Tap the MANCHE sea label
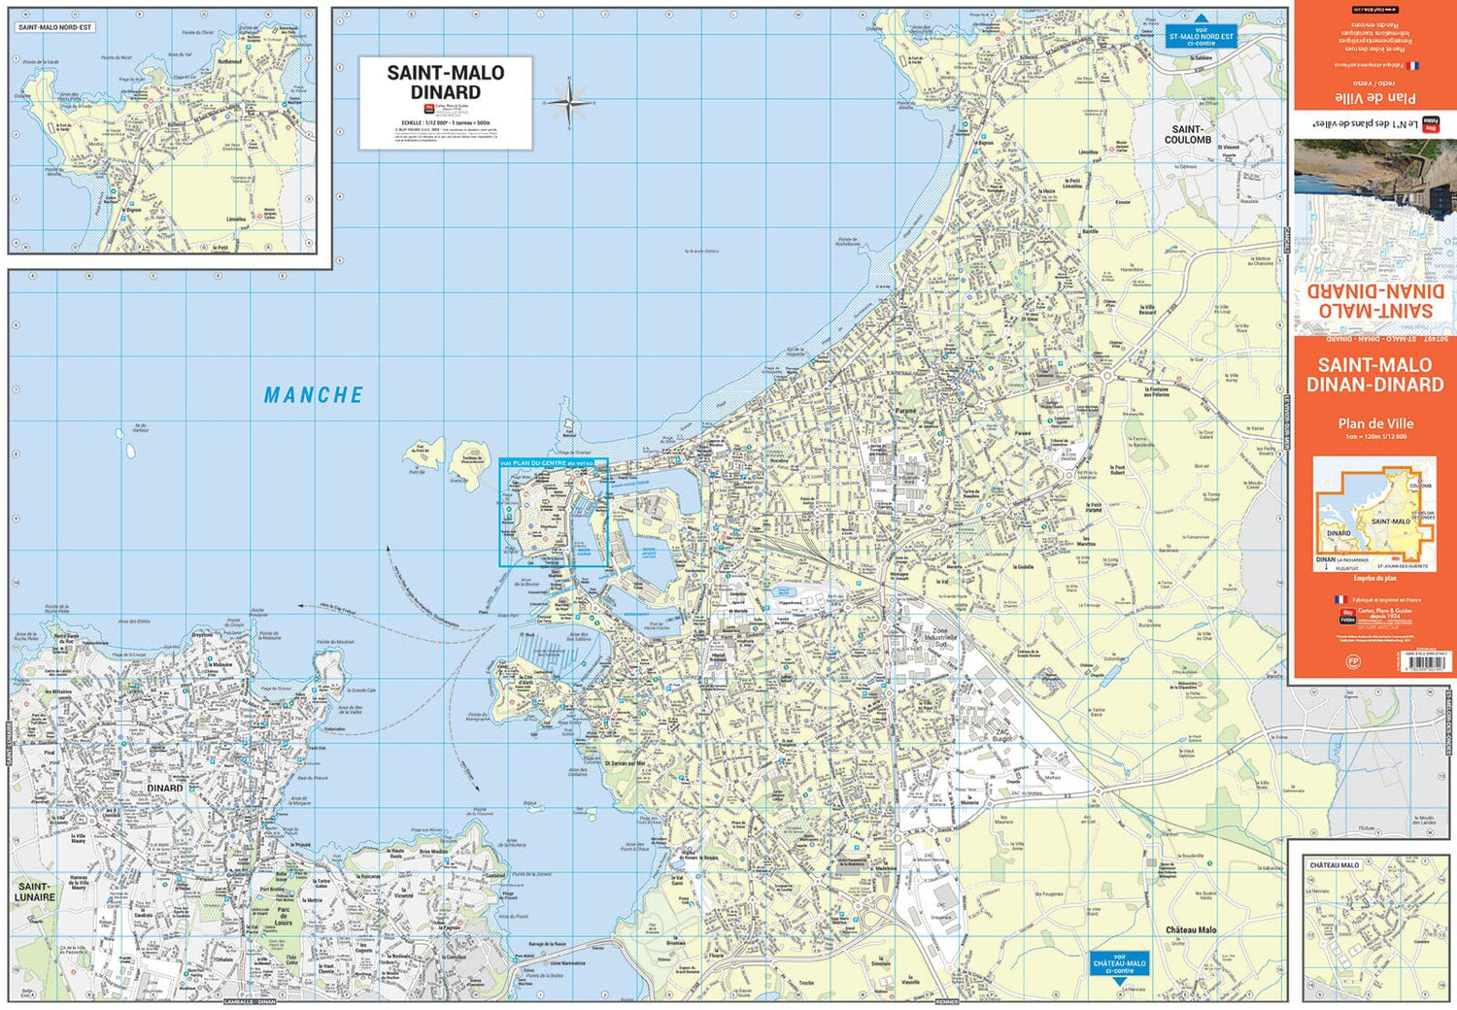(x=314, y=395)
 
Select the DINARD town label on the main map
(x=164, y=788)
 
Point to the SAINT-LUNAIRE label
(x=35, y=892)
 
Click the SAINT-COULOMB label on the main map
(x=1187, y=134)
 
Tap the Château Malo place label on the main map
(x=1191, y=929)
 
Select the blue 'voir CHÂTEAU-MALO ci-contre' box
(x=1119, y=963)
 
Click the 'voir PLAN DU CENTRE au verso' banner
(x=552, y=463)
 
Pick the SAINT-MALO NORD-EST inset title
(x=55, y=27)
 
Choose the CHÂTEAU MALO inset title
(x=1334, y=864)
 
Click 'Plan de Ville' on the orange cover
(x=1374, y=423)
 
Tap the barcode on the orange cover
(x=1426, y=663)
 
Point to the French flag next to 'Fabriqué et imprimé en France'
(x=1340, y=600)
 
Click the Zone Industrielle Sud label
(x=939, y=636)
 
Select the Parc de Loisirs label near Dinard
(x=284, y=916)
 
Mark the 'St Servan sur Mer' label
(x=626, y=763)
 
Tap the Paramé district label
(x=904, y=411)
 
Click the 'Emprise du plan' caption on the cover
(x=1373, y=578)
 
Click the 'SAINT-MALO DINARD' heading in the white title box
(x=445, y=82)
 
